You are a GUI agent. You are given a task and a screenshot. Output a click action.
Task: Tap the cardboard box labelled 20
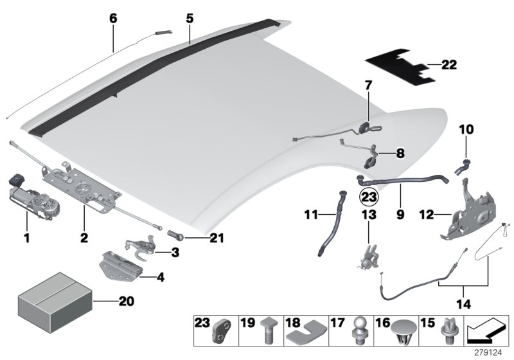55,300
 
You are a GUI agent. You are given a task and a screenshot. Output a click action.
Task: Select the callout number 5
190,19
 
